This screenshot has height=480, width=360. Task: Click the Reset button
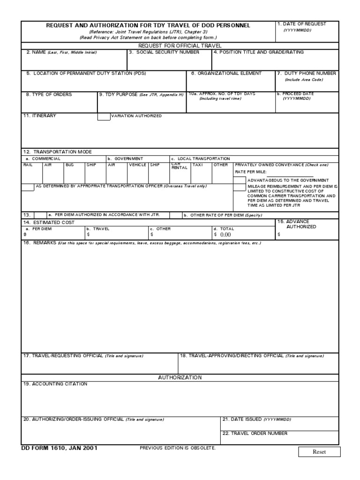pos(319,452)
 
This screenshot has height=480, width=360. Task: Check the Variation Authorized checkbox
pos(104,116)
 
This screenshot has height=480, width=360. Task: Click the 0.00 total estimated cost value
pos(225,234)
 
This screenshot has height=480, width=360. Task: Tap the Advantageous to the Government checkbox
pos(239,180)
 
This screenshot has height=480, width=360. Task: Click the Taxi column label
pos(197,165)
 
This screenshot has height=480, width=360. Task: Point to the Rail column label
pos(28,165)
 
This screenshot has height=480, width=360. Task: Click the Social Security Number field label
pos(164,52)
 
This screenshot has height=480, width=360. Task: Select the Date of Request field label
pos(301,24)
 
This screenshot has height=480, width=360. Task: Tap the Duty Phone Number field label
pos(307,74)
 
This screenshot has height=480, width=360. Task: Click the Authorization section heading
pos(180,377)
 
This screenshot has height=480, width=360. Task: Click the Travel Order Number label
pos(255,434)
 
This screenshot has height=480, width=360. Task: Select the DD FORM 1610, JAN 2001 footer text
pos(59,448)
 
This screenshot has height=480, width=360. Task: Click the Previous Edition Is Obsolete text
pos(178,449)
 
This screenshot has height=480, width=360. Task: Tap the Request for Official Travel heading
pos(180,45)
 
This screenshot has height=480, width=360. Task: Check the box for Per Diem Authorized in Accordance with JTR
pos(40,215)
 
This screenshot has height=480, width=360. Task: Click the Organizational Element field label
pos(226,74)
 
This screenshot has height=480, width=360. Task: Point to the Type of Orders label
pos(49,94)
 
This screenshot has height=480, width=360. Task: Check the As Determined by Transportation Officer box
pos(28,187)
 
